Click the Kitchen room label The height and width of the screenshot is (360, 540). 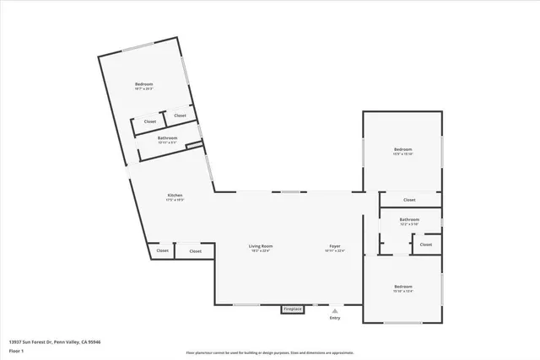click(175, 196)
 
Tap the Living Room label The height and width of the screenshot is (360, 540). click(261, 246)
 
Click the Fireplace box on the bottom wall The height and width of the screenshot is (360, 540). click(293, 309)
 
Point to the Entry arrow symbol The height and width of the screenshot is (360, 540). click(335, 310)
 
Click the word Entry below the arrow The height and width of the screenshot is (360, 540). click(335, 318)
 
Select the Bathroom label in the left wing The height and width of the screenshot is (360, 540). click(167, 137)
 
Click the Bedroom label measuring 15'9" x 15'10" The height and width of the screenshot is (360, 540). click(403, 149)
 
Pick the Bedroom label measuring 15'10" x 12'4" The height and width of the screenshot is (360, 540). click(403, 287)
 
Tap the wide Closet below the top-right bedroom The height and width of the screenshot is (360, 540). click(409, 200)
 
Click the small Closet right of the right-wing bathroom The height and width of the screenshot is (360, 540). click(426, 244)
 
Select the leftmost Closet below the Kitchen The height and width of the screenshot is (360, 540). click(162, 250)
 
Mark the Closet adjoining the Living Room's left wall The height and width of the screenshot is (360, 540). click(195, 250)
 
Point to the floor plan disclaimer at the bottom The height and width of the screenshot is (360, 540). click(269, 352)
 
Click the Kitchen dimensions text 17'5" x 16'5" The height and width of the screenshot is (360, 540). click(175, 201)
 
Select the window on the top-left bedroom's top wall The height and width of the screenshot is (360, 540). click(138, 47)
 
